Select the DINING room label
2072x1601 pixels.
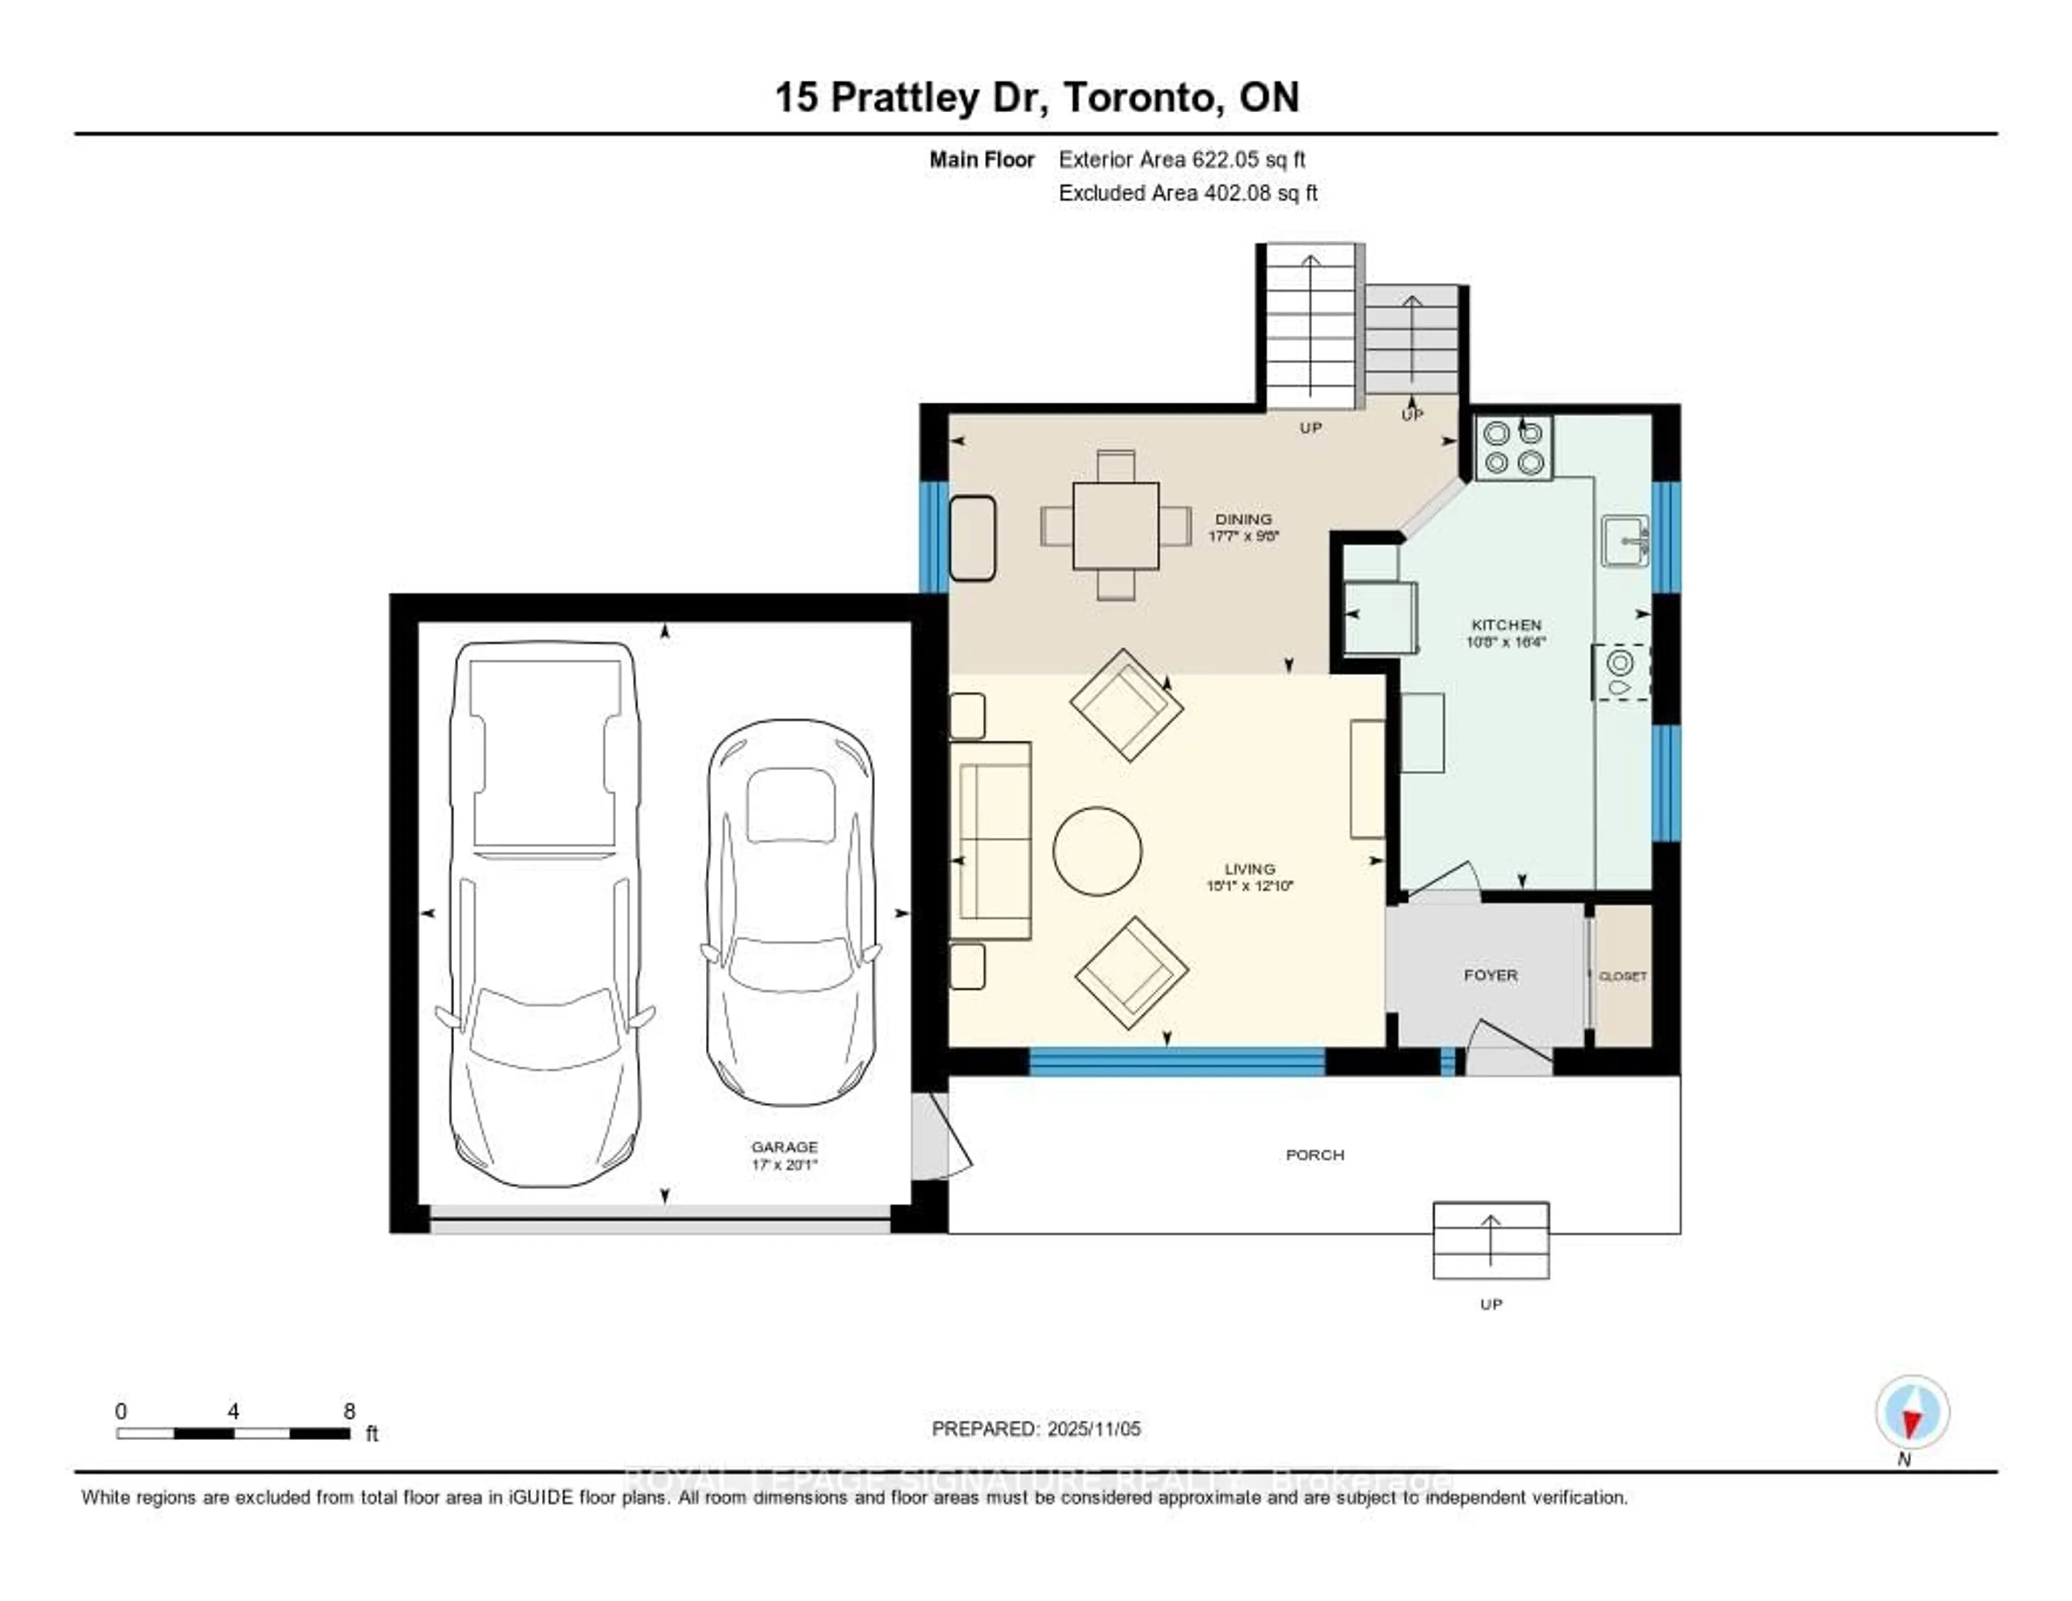tap(1243, 519)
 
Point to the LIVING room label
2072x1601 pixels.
tap(1249, 869)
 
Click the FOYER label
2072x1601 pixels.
tap(1490, 975)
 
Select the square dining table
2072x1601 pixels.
tap(1116, 526)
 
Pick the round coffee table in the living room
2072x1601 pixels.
tap(1098, 850)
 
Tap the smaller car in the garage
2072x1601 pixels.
tap(789, 911)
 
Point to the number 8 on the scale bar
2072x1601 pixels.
tap(349, 1411)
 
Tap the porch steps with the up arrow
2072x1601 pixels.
tap(1490, 1240)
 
